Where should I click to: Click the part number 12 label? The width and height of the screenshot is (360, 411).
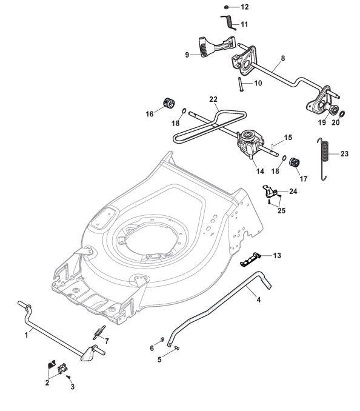(x=244, y=7)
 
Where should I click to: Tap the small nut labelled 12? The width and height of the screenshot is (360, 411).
(x=227, y=7)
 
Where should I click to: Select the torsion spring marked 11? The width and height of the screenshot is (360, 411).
(x=228, y=22)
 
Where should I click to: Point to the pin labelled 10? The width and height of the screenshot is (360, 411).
(x=240, y=84)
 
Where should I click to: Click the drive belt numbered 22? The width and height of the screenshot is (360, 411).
(x=210, y=127)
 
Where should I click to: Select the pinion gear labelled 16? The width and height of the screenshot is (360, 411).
(x=169, y=103)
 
